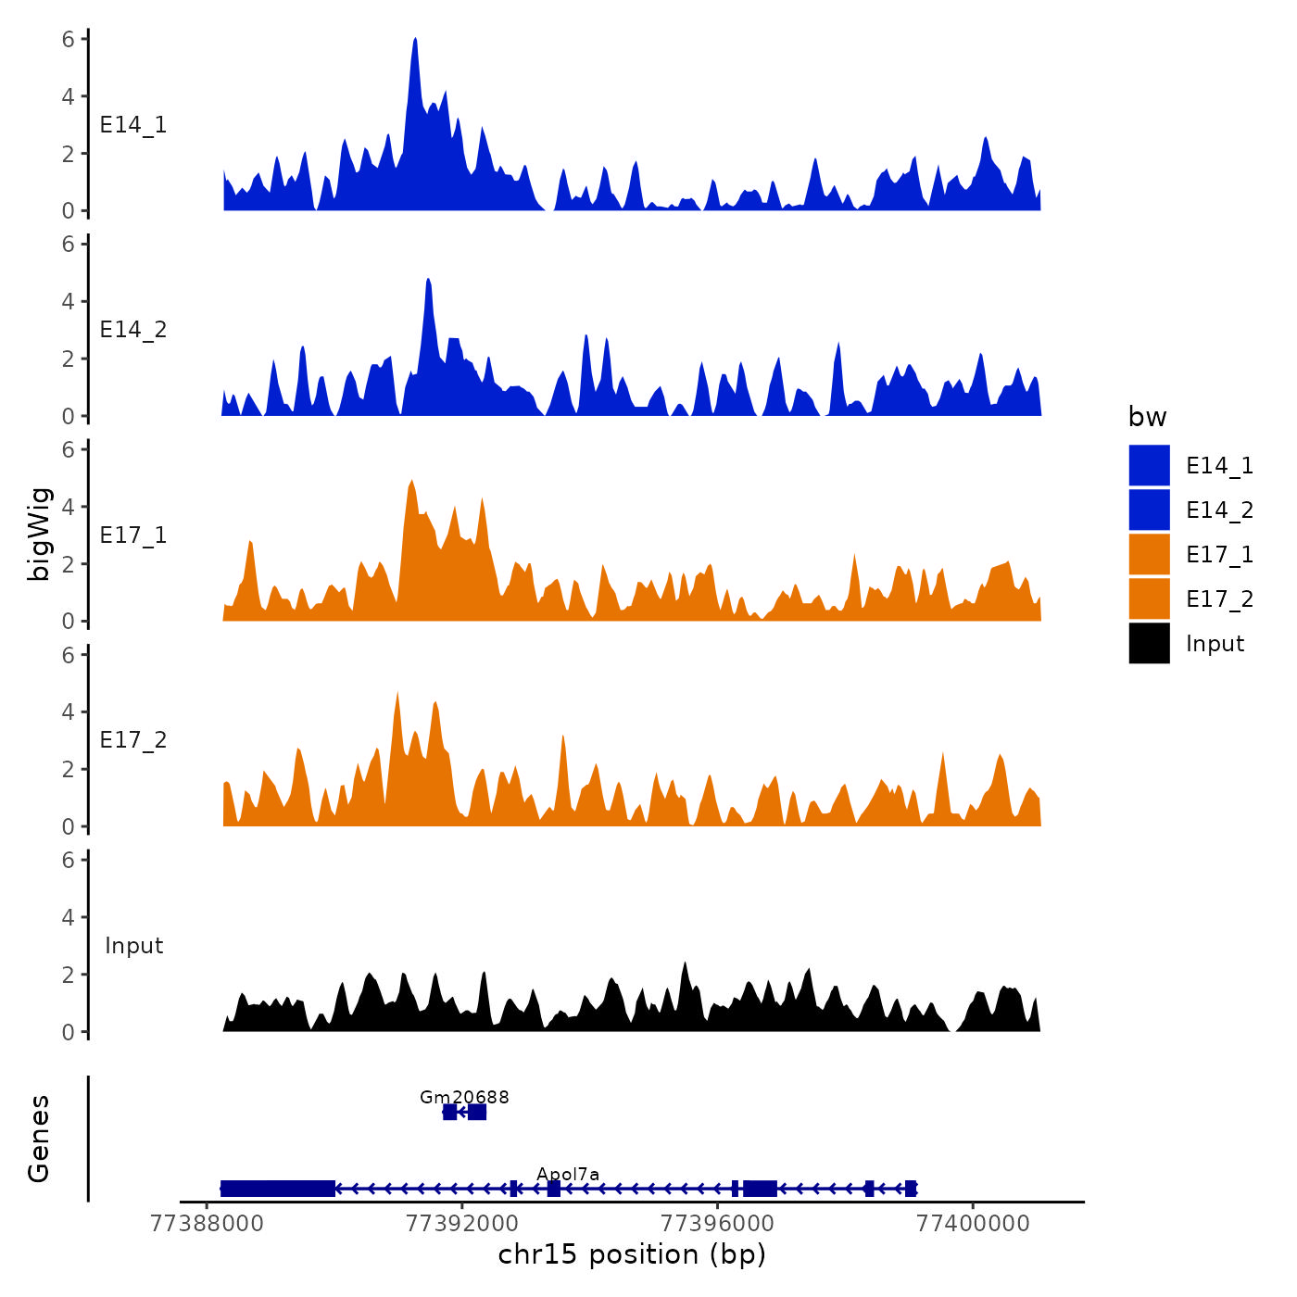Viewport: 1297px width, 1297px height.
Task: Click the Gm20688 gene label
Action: click(x=464, y=1098)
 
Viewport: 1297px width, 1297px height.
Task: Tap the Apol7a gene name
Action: click(x=568, y=1175)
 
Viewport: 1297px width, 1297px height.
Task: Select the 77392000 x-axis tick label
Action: click(x=462, y=1224)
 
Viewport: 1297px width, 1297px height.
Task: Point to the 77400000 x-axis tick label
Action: click(x=973, y=1224)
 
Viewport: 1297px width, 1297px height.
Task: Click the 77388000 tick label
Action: click(x=207, y=1224)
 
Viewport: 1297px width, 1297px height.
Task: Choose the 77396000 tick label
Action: click(x=718, y=1224)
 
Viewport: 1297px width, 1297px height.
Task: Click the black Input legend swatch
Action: click(x=1149, y=643)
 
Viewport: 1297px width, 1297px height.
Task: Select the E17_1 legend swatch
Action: click(x=1149, y=554)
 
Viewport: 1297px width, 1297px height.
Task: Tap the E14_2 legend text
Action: click(x=1219, y=510)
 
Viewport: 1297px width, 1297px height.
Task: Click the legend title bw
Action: click(x=1147, y=417)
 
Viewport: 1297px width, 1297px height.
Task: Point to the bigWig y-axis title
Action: click(x=39, y=535)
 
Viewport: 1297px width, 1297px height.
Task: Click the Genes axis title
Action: click(x=39, y=1139)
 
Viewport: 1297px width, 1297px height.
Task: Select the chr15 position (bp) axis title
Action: click(x=632, y=1254)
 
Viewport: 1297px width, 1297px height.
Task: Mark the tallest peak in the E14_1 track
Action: click(x=415, y=40)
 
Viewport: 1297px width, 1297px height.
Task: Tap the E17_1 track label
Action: click(x=133, y=535)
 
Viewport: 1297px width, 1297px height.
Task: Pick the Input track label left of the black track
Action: click(x=133, y=946)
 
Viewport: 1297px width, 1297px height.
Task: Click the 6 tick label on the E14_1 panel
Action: click(x=69, y=39)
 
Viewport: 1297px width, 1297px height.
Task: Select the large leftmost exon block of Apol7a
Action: click(x=278, y=1189)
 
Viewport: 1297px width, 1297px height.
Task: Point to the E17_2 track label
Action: click(x=133, y=740)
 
